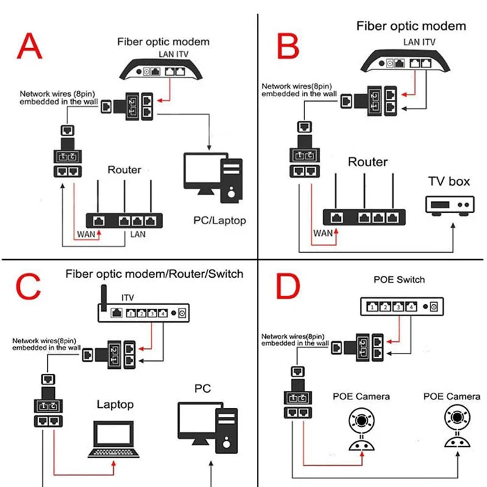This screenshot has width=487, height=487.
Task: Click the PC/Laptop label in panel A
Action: [x=220, y=220]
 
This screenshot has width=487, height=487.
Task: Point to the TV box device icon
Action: [x=450, y=204]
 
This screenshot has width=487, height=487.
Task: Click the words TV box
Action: [x=450, y=181]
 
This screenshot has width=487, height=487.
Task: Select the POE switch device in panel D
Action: [x=402, y=307]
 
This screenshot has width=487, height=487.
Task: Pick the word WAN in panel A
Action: [x=85, y=234]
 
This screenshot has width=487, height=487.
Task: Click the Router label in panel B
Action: [x=368, y=162]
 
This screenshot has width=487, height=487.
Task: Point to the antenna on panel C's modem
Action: [x=102, y=298]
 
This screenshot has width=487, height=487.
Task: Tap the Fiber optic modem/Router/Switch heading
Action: [x=154, y=273]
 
